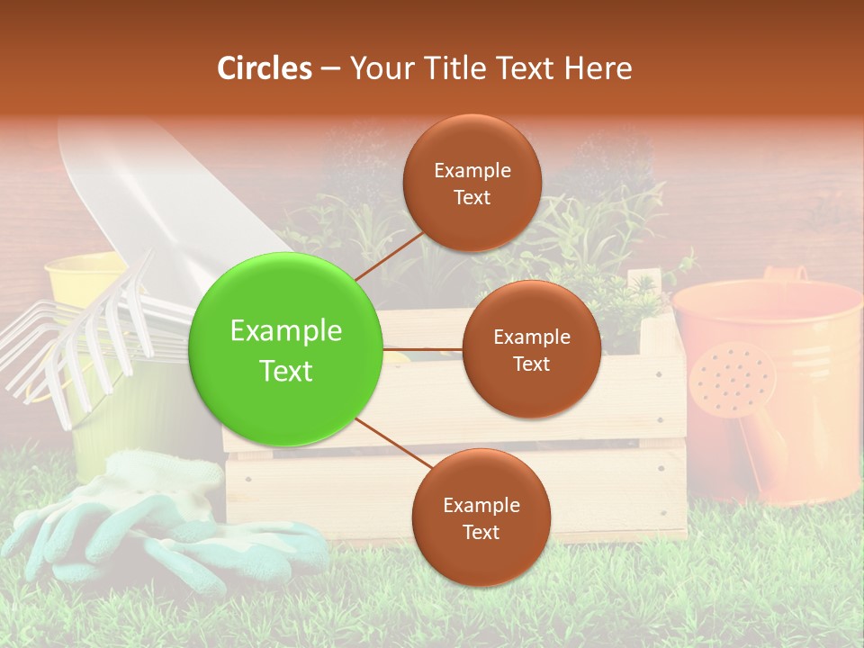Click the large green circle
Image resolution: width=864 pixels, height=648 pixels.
pos(286,350)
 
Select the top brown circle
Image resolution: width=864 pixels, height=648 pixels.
pos(472,183)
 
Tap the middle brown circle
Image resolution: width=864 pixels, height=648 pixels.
pos(531,349)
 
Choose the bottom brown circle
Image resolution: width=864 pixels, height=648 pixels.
pos(481,517)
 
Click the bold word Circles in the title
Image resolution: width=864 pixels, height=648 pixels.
pos(264,68)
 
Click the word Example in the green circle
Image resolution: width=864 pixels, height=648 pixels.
pos(286,331)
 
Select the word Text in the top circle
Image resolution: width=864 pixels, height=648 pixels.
pos(472,198)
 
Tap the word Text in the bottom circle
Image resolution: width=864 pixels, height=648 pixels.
pos(481,533)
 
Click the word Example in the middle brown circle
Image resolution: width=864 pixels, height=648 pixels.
pos(531,337)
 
